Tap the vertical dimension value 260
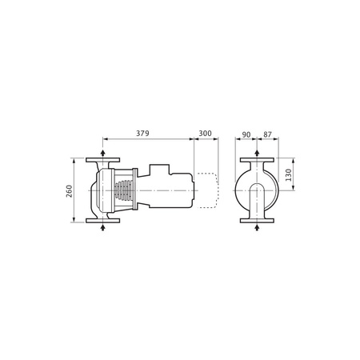[70, 191]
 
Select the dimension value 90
[246, 134]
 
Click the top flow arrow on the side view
[104, 153]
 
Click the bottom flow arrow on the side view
[104, 228]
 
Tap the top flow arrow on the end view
[256, 153]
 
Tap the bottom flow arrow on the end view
[256, 228]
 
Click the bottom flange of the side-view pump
[104, 222]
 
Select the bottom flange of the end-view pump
[256, 222]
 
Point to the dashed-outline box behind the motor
[207, 190]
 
